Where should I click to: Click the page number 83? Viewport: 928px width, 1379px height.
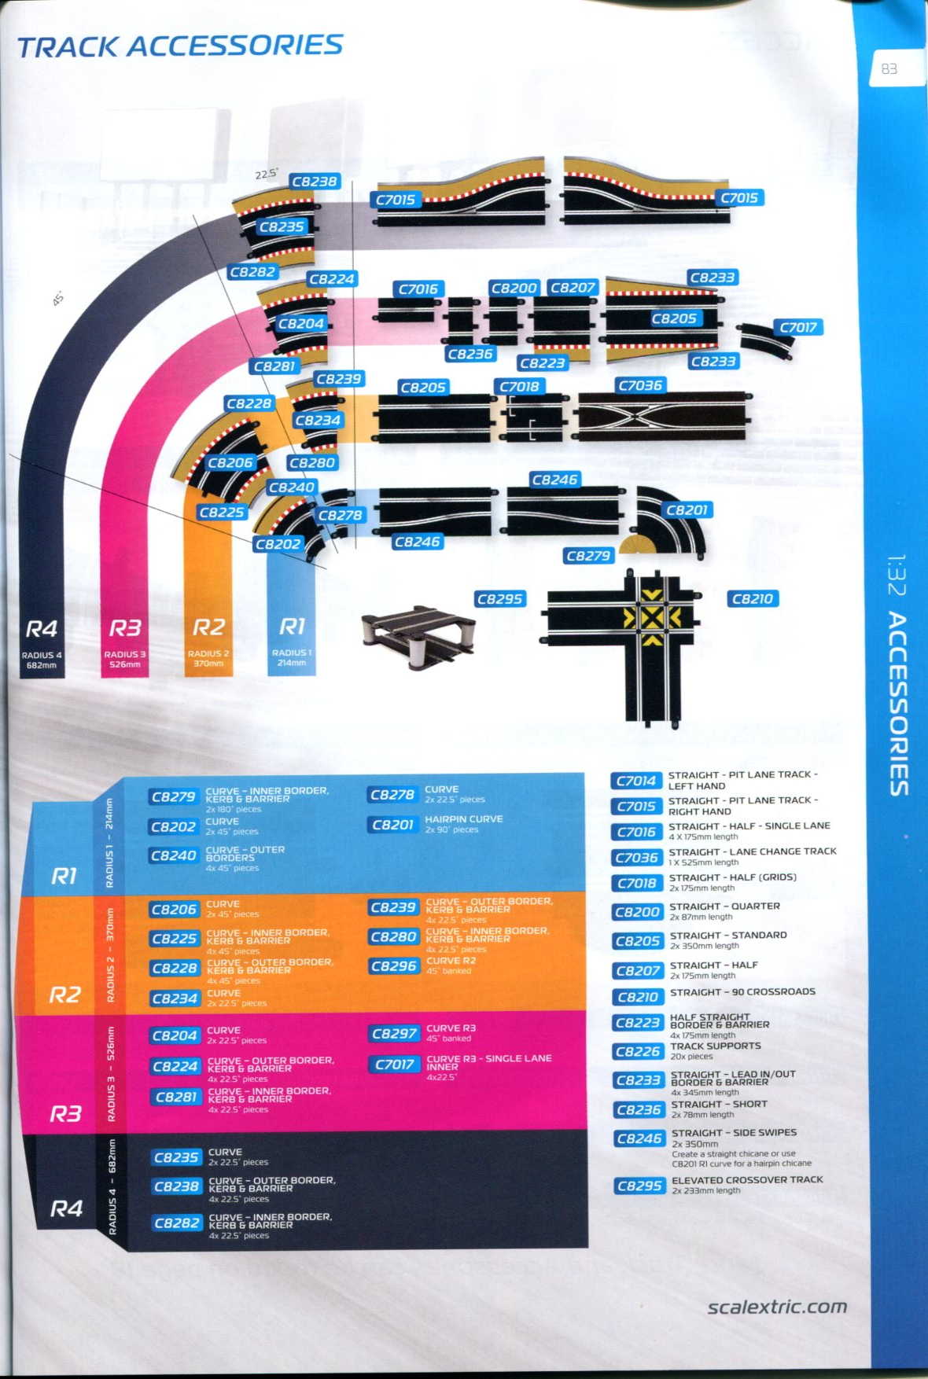point(889,69)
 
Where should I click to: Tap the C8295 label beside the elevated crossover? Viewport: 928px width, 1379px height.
point(499,599)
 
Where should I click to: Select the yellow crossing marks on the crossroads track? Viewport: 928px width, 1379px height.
point(652,619)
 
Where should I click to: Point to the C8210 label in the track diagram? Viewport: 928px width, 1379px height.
point(752,599)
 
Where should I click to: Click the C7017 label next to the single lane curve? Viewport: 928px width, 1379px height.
point(797,327)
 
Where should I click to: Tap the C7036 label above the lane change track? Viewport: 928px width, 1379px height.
point(639,385)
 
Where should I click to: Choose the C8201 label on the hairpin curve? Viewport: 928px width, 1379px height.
point(687,510)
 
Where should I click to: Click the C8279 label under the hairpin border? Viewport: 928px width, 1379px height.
point(587,556)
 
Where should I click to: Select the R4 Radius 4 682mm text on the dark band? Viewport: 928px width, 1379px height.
point(42,642)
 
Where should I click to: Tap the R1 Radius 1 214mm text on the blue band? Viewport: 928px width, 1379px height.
point(292,640)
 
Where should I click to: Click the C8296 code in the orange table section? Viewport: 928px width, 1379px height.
point(393,966)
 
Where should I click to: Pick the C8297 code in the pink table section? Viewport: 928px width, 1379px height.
point(394,1034)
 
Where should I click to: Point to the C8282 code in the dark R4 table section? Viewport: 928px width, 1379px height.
point(177,1223)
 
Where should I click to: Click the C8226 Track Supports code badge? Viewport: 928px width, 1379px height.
point(637,1051)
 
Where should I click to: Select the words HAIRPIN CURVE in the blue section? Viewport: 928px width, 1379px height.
point(463,819)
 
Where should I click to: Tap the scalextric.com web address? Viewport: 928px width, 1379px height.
point(776,1307)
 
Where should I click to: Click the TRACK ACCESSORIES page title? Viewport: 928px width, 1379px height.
point(180,46)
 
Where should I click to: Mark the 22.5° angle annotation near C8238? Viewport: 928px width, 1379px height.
point(267,174)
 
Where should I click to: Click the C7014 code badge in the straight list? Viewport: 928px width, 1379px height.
point(635,781)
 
